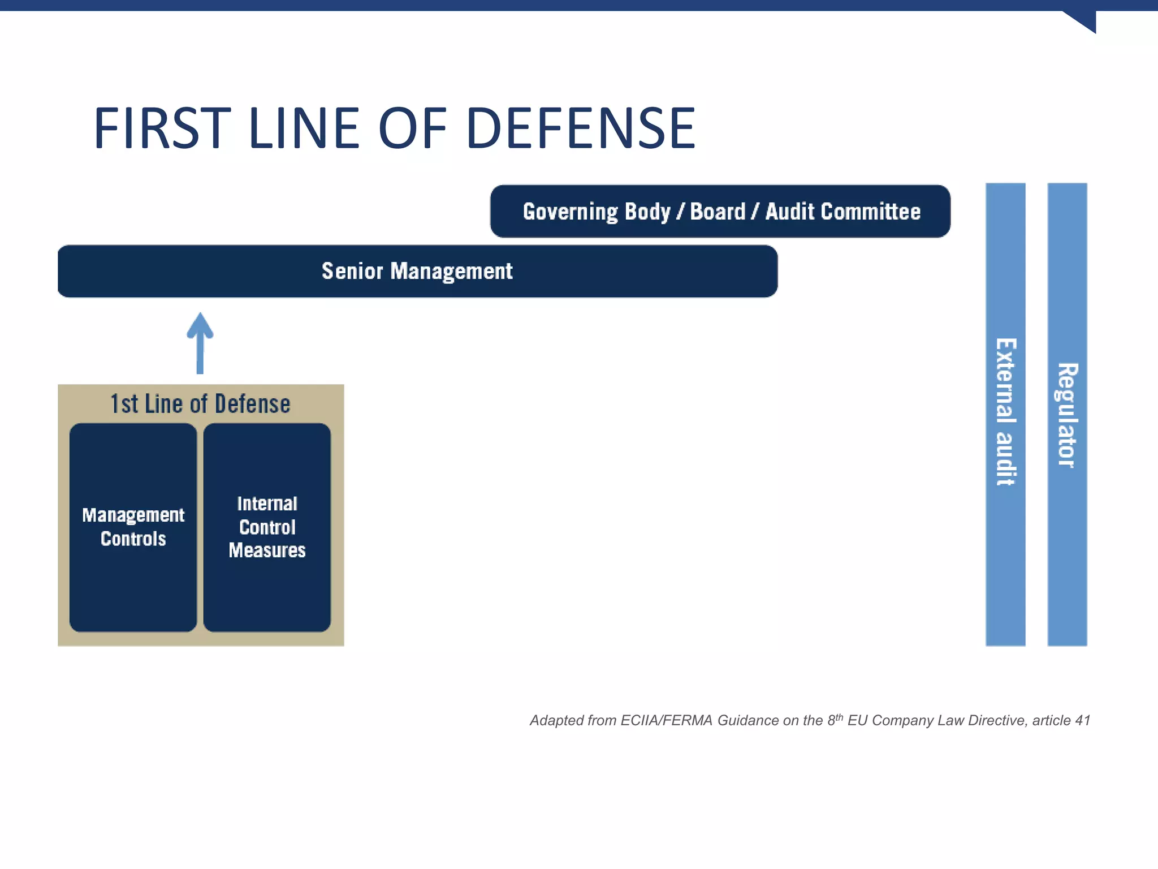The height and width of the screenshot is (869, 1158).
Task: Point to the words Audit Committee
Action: click(842, 212)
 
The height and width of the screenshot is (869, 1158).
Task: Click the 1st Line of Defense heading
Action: click(200, 404)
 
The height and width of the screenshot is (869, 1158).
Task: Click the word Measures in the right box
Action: click(267, 550)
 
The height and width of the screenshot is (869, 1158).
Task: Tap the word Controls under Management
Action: click(133, 539)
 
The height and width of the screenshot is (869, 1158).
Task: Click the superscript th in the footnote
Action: click(840, 717)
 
